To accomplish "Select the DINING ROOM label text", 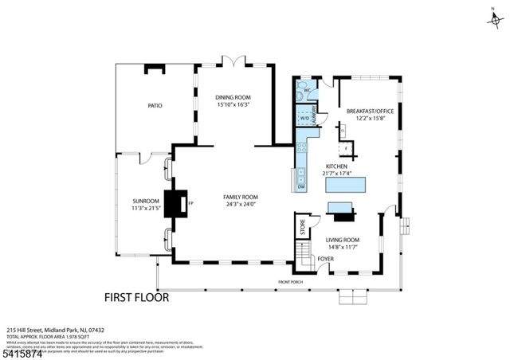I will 233,96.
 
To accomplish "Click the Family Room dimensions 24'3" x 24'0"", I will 241,204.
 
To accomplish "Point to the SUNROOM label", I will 146,201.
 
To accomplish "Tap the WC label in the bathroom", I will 307,92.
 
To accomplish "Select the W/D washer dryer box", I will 304,119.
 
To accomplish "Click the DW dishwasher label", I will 301,186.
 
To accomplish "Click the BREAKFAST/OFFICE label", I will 366,112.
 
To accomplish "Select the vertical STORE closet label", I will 302,227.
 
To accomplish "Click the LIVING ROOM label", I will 343,240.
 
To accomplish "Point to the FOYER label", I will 326,258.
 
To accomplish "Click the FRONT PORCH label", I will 291,283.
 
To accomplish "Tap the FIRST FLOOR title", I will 136,298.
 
